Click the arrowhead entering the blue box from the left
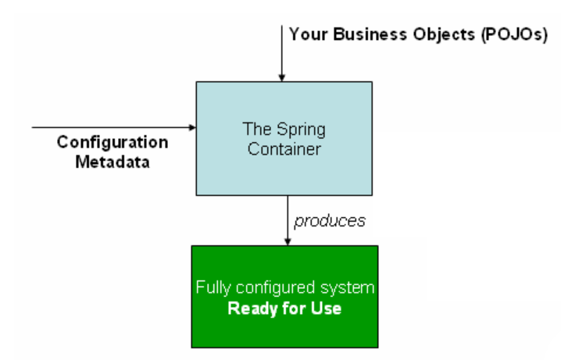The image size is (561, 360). (191, 126)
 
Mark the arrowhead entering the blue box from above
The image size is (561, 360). (282, 77)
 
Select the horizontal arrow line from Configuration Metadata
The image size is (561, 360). (109, 126)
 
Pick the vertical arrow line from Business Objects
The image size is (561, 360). (282, 47)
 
